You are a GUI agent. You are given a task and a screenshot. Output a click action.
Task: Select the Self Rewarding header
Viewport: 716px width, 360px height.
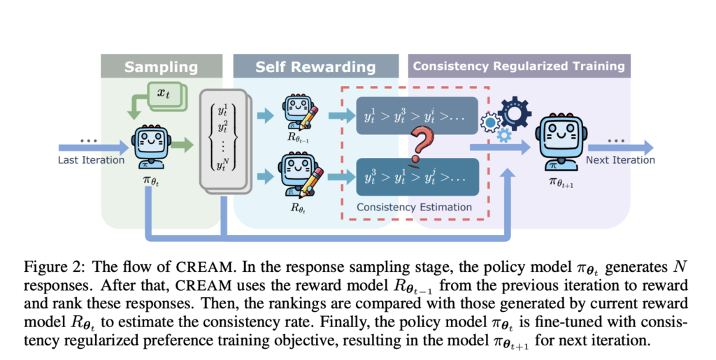(315, 67)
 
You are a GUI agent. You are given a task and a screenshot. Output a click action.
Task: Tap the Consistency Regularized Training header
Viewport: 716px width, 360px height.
(518, 66)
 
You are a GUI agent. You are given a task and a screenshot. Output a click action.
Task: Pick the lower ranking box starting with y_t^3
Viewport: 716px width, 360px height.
(415, 177)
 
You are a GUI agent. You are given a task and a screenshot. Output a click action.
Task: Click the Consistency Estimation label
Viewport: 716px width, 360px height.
(414, 207)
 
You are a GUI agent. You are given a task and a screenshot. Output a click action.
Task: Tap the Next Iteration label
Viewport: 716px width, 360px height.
(621, 160)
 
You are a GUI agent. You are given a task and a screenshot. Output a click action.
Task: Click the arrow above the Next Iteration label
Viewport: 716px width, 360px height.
(620, 147)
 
